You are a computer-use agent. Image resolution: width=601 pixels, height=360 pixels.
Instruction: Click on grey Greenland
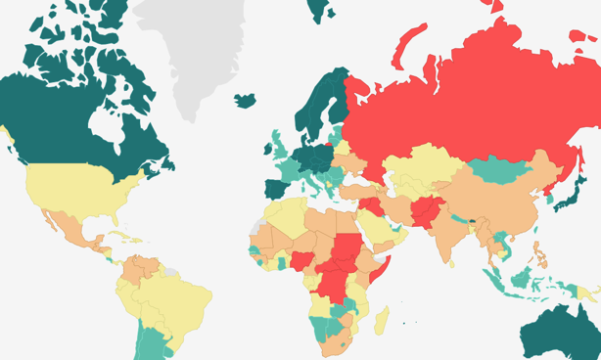click(191, 49)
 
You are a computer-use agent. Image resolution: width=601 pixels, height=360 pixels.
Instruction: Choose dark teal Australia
click(558, 333)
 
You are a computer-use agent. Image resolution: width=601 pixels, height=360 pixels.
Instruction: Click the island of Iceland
click(244, 101)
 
